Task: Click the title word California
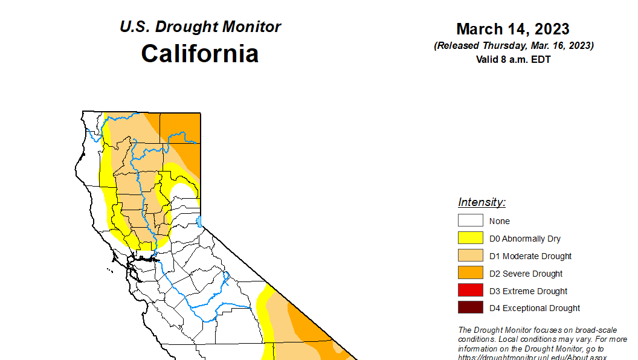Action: (200, 54)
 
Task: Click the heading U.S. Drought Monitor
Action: (200, 27)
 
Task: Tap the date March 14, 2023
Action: (513, 29)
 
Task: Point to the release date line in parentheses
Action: (513, 46)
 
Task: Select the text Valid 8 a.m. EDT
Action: (513, 59)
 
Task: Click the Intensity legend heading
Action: (482, 202)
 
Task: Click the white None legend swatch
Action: (470, 221)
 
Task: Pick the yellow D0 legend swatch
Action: (470, 239)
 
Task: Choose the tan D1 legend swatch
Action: (470, 256)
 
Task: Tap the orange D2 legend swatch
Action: (470, 273)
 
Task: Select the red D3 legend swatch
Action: (470, 291)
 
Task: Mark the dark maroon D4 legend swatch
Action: (470, 308)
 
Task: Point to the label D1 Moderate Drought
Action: (530, 256)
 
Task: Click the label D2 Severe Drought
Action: (526, 274)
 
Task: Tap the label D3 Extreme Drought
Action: (528, 291)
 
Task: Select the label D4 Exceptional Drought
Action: (535, 308)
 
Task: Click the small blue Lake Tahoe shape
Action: (199, 221)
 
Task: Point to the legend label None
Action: (500, 221)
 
